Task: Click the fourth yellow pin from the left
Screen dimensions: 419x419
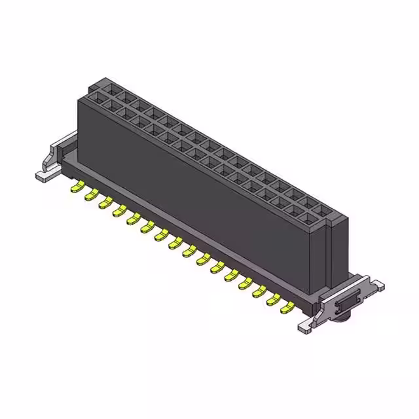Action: pos(119,211)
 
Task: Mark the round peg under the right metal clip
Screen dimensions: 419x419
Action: pos(341,319)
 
